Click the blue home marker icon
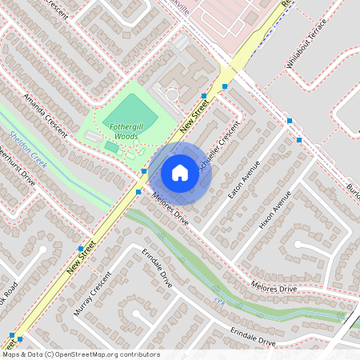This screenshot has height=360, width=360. (x=180, y=173)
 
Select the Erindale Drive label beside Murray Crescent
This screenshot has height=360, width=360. (x=158, y=272)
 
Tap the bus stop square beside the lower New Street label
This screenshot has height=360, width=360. (x=81, y=247)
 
